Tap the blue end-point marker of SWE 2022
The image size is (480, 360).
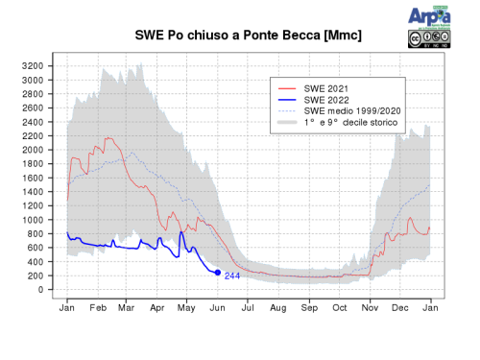click(218, 273)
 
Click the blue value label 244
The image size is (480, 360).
click(232, 276)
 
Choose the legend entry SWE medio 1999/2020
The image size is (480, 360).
click(346, 111)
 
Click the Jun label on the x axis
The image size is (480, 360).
click(217, 307)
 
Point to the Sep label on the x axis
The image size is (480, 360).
click(309, 307)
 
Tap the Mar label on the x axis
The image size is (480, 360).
click(126, 307)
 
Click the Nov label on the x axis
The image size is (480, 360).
click(371, 307)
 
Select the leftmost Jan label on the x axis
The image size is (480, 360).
click(67, 307)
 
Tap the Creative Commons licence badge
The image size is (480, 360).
click(427, 38)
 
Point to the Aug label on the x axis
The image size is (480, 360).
click(278, 307)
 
